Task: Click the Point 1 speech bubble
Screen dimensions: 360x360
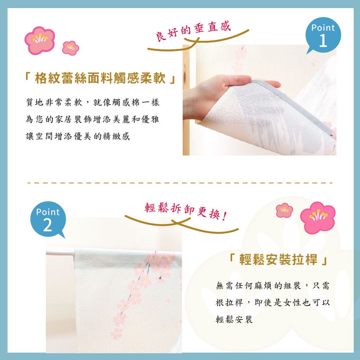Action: click(x=323, y=35)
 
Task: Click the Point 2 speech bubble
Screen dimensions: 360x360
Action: click(x=48, y=219)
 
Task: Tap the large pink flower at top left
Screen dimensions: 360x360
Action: click(x=40, y=40)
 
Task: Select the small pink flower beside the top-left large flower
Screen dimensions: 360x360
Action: click(x=70, y=48)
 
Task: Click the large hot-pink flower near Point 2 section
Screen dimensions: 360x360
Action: click(x=318, y=217)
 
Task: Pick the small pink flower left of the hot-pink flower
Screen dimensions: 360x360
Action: click(x=284, y=210)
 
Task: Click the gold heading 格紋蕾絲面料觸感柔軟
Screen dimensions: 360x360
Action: click(x=100, y=78)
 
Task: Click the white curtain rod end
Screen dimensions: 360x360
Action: click(x=47, y=252)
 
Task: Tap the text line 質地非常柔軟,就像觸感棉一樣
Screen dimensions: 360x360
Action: click(x=92, y=102)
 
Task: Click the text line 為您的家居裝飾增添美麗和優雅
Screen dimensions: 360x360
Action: click(x=92, y=119)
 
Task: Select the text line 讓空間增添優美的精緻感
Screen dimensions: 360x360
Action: click(x=78, y=136)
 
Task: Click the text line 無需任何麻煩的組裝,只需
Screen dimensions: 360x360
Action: click(x=273, y=286)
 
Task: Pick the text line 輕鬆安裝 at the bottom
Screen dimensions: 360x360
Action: click(x=234, y=319)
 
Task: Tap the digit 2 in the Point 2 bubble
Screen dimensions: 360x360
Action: click(x=47, y=225)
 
